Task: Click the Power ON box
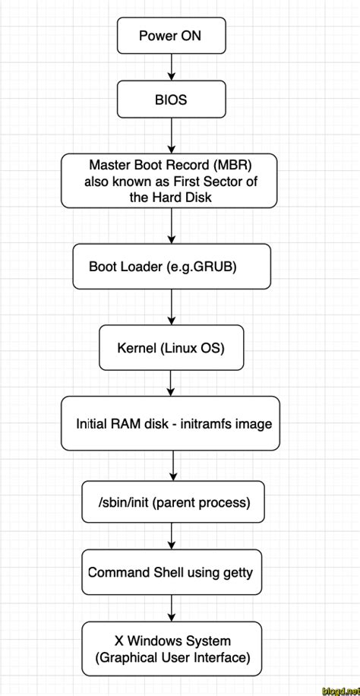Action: tap(171, 36)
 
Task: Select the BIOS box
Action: tap(171, 99)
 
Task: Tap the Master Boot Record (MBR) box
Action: tap(169, 180)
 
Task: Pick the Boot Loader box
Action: tap(171, 266)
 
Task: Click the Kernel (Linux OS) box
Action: tap(171, 348)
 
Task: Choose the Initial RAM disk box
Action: tap(171, 423)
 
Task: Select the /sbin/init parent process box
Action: tap(173, 502)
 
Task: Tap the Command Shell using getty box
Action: tap(171, 572)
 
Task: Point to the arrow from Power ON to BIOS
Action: tap(172, 67)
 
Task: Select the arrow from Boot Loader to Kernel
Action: tap(172, 307)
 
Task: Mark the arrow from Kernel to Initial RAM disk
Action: tap(172, 382)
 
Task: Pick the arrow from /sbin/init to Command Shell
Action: tap(173, 536)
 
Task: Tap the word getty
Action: tap(238, 572)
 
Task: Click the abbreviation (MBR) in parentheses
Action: tap(233, 164)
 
